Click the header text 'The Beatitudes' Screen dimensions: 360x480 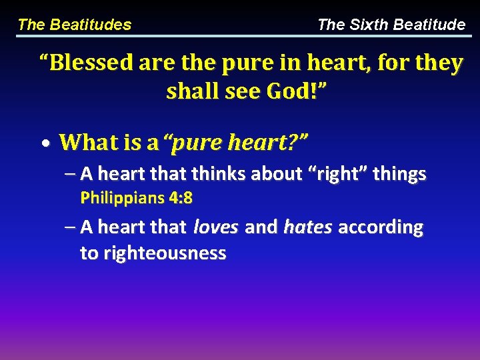74,25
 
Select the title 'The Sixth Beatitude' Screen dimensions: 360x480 391,25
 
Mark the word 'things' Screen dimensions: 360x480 399,174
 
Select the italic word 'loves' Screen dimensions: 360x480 215,227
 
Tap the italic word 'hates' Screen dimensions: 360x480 308,227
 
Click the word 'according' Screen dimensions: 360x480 381,227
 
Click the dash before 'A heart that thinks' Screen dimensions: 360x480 71,174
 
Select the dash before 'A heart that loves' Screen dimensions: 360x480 71,227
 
